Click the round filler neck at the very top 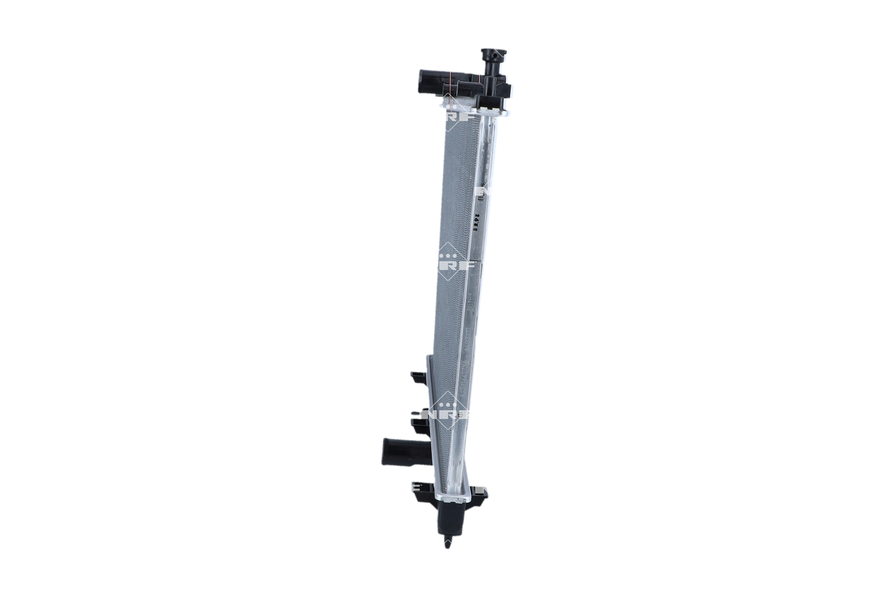pyautogui.click(x=493, y=56)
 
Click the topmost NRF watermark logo pyautogui.click(x=459, y=116)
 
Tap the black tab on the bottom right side pyautogui.click(x=480, y=493)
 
